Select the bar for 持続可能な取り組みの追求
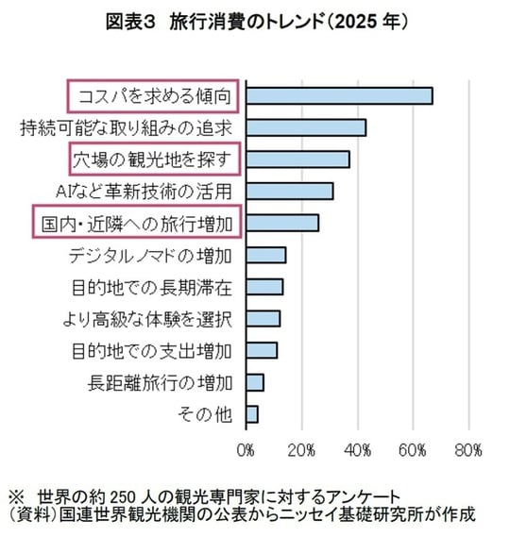[305, 127]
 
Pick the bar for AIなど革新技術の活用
[289, 192]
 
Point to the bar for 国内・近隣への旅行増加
[281, 223]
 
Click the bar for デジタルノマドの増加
[265, 255]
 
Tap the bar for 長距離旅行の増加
[254, 382]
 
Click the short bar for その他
[251, 414]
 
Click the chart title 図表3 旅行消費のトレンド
[255, 22]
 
